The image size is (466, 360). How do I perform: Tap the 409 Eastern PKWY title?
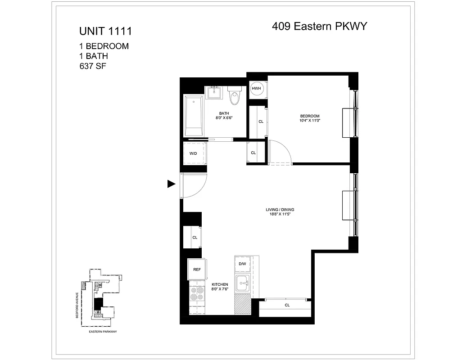pos(320,26)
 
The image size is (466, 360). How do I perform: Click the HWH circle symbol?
pos(256,88)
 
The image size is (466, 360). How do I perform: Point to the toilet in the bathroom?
pos(234,95)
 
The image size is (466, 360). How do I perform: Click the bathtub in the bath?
pos(194,116)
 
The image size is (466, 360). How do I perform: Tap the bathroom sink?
pos(214,92)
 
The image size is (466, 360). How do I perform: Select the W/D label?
pos(193,153)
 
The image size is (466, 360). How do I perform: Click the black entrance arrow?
pos(171,184)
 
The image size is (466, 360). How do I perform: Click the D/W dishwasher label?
pos(242,264)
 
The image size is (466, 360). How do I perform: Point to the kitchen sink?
pos(244,283)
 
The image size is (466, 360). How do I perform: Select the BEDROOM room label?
pos(309,116)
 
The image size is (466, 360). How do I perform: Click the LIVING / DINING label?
pos(282,210)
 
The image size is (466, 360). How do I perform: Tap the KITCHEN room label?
pos(220,285)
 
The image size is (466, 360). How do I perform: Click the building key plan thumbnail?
pos(100,299)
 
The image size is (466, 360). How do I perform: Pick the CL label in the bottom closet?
pos(287,305)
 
